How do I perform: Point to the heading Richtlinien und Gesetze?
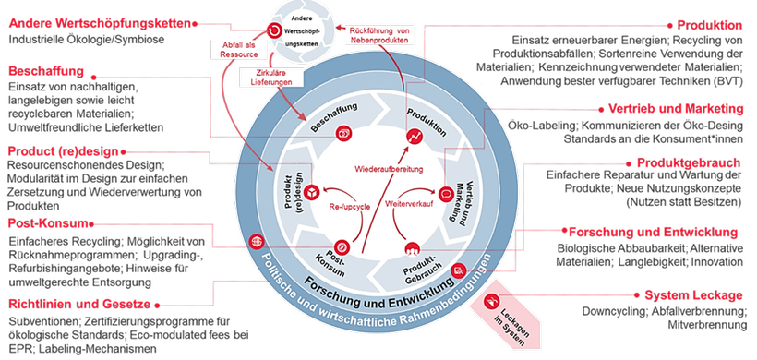point(79,304)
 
